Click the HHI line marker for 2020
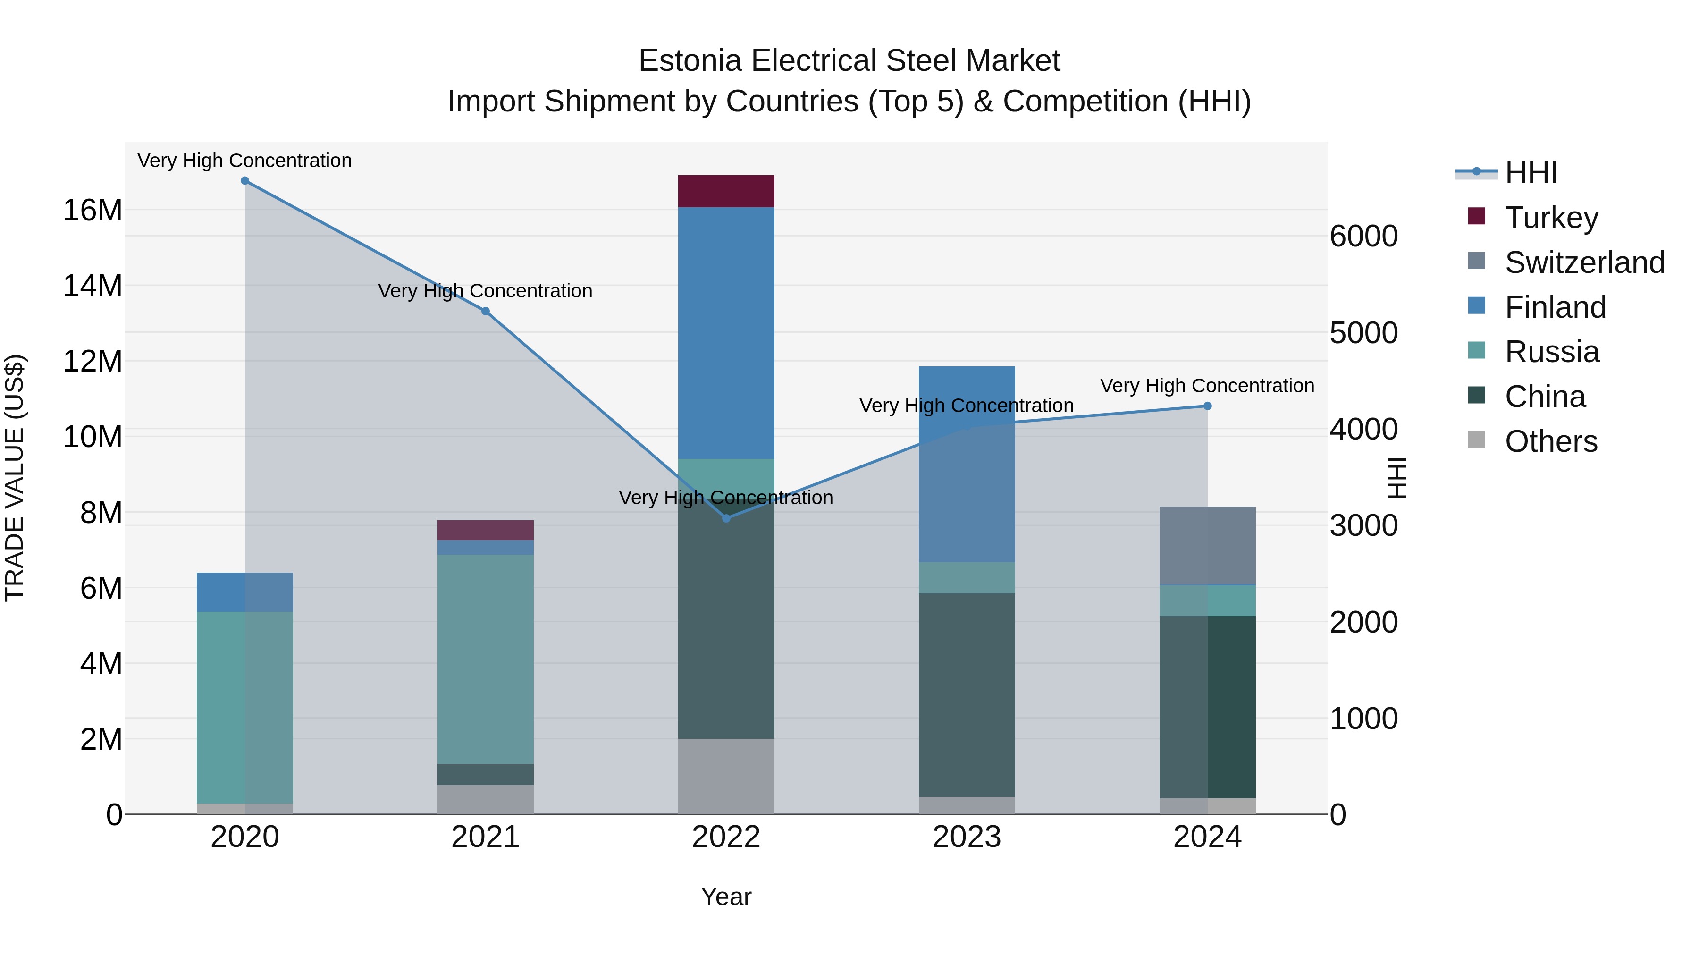pyautogui.click(x=244, y=181)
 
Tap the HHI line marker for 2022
pyautogui.click(x=726, y=518)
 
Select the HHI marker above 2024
pyautogui.click(x=1208, y=406)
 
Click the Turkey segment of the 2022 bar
pyautogui.click(x=726, y=191)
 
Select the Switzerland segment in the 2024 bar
pyautogui.click(x=1208, y=546)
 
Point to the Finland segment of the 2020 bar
pyautogui.click(x=244, y=592)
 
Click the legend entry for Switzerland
pyautogui.click(x=1584, y=262)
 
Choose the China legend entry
pyautogui.click(x=1545, y=397)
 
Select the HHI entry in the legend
pyautogui.click(x=1530, y=173)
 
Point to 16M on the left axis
pyautogui.click(x=93, y=211)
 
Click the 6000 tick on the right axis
pyautogui.click(x=1363, y=236)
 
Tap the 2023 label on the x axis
pyautogui.click(x=967, y=837)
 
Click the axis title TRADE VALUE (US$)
pyautogui.click(x=15, y=478)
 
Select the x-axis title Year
pyautogui.click(x=726, y=897)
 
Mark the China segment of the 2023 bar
pyautogui.click(x=967, y=695)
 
